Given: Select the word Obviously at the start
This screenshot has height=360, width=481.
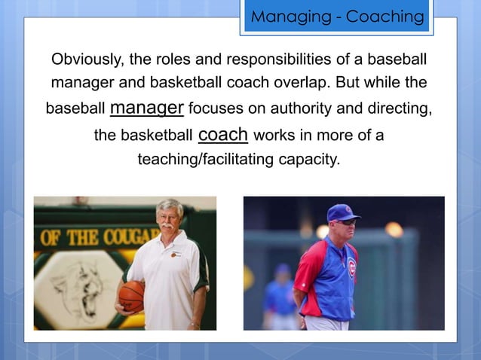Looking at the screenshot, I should tap(83, 59).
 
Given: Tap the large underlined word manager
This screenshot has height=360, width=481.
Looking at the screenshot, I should tap(146, 107).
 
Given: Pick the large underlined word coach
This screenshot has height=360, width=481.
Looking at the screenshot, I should tap(222, 134).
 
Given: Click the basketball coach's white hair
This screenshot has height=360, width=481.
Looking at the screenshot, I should tap(169, 205).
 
